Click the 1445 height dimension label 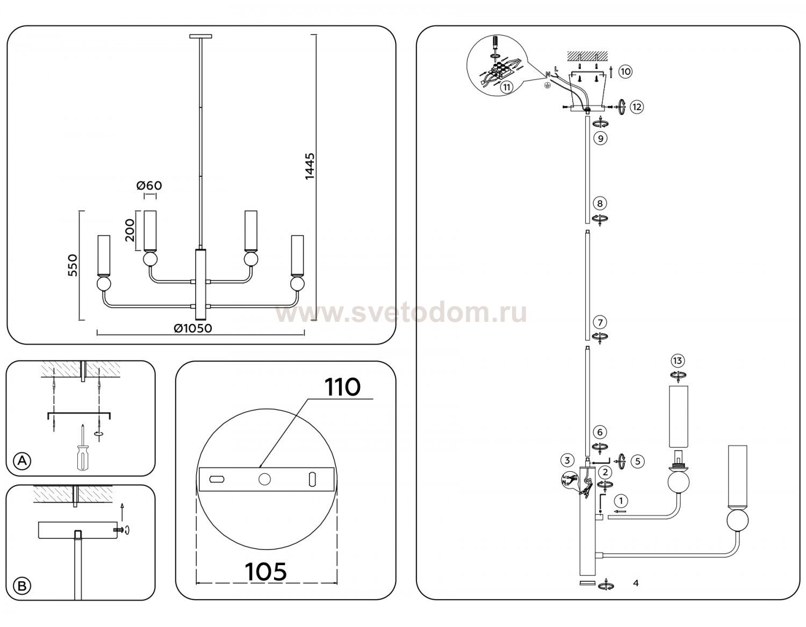[x=310, y=166]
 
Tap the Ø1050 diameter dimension [x=193, y=328]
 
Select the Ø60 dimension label [x=149, y=185]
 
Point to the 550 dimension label [x=73, y=265]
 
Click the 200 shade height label [x=130, y=230]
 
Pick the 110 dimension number [x=342, y=387]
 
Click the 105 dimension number [x=266, y=571]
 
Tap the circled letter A [x=22, y=460]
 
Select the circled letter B [x=22, y=586]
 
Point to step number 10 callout [x=625, y=71]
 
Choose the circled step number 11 [x=506, y=88]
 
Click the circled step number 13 [x=678, y=361]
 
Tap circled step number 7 [x=600, y=322]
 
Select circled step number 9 [x=600, y=138]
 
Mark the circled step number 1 [x=621, y=501]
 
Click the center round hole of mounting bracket [x=264, y=479]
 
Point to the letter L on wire [x=556, y=69]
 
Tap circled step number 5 [x=638, y=462]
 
